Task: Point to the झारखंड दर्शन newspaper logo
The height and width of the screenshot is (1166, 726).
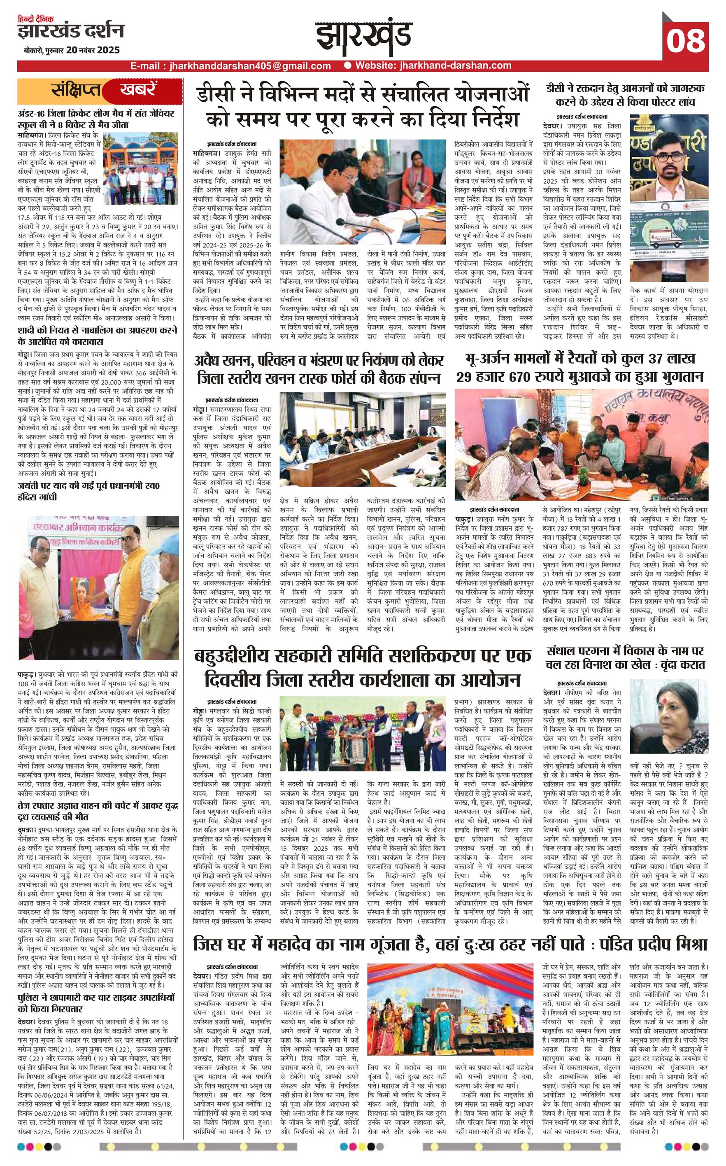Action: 71,31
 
